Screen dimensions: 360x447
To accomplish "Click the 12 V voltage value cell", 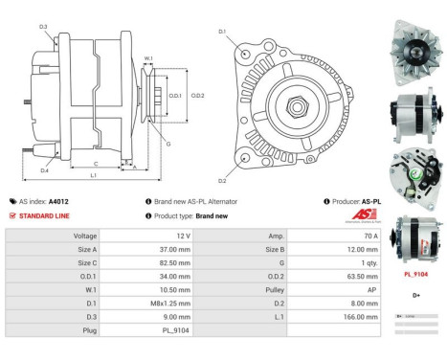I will click(x=183, y=235).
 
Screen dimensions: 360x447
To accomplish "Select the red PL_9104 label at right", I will click(x=416, y=274).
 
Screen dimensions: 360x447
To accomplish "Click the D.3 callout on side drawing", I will click(x=43, y=27).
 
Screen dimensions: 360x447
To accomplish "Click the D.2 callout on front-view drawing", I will click(x=222, y=180).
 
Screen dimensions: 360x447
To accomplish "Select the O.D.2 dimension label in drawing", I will click(x=197, y=96).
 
